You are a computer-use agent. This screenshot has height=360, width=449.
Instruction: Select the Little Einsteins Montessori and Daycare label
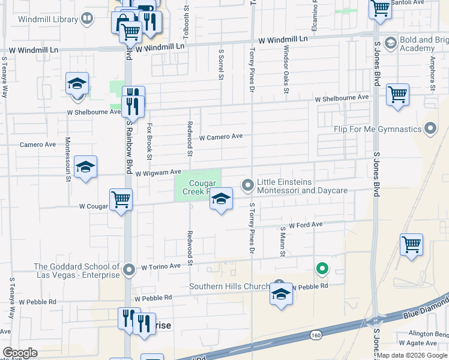(302, 186)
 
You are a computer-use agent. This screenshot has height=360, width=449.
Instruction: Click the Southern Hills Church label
(231, 286)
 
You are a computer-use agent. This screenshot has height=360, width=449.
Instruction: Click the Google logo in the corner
(19, 352)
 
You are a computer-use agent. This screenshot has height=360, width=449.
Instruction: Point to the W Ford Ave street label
(306, 225)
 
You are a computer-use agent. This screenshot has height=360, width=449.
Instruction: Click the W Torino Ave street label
(161, 266)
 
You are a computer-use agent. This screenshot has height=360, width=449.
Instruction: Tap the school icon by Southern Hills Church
(280, 295)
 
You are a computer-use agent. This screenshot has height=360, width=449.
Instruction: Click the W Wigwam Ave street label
(158, 173)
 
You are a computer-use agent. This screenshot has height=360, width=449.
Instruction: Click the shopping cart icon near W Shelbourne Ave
(397, 94)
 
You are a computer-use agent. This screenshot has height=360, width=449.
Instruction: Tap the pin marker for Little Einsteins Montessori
(247, 186)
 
